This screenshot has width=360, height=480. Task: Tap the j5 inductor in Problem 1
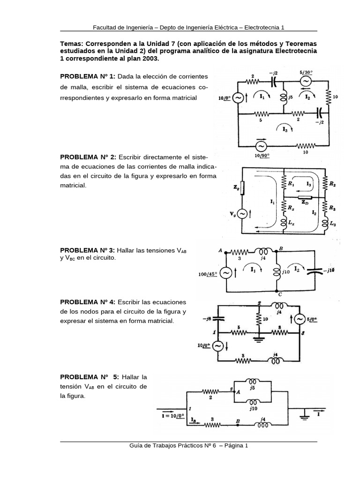click(x=284, y=97)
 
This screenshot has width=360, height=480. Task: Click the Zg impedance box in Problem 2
click(x=242, y=188)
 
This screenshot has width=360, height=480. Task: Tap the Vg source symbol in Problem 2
click(x=242, y=214)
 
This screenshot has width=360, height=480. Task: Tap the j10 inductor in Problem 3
click(x=276, y=271)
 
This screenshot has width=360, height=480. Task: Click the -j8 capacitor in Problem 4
click(x=218, y=318)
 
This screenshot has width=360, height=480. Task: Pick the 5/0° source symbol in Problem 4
click(x=299, y=319)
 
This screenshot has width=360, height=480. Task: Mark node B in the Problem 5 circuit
click(x=238, y=421)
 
